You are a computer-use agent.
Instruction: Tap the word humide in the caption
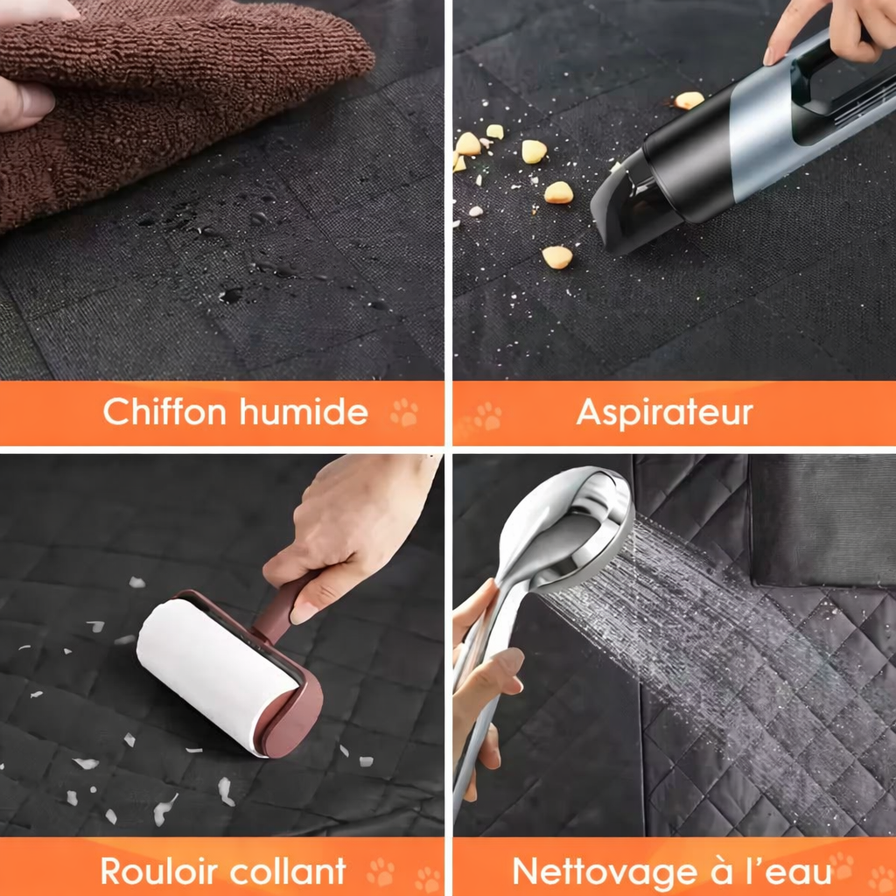click(x=304, y=410)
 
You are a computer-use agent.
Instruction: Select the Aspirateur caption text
click(x=665, y=413)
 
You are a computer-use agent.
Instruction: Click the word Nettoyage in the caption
click(x=605, y=872)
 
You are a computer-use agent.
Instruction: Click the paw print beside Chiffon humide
click(x=404, y=412)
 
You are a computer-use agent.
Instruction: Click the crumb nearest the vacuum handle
click(x=689, y=100)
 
